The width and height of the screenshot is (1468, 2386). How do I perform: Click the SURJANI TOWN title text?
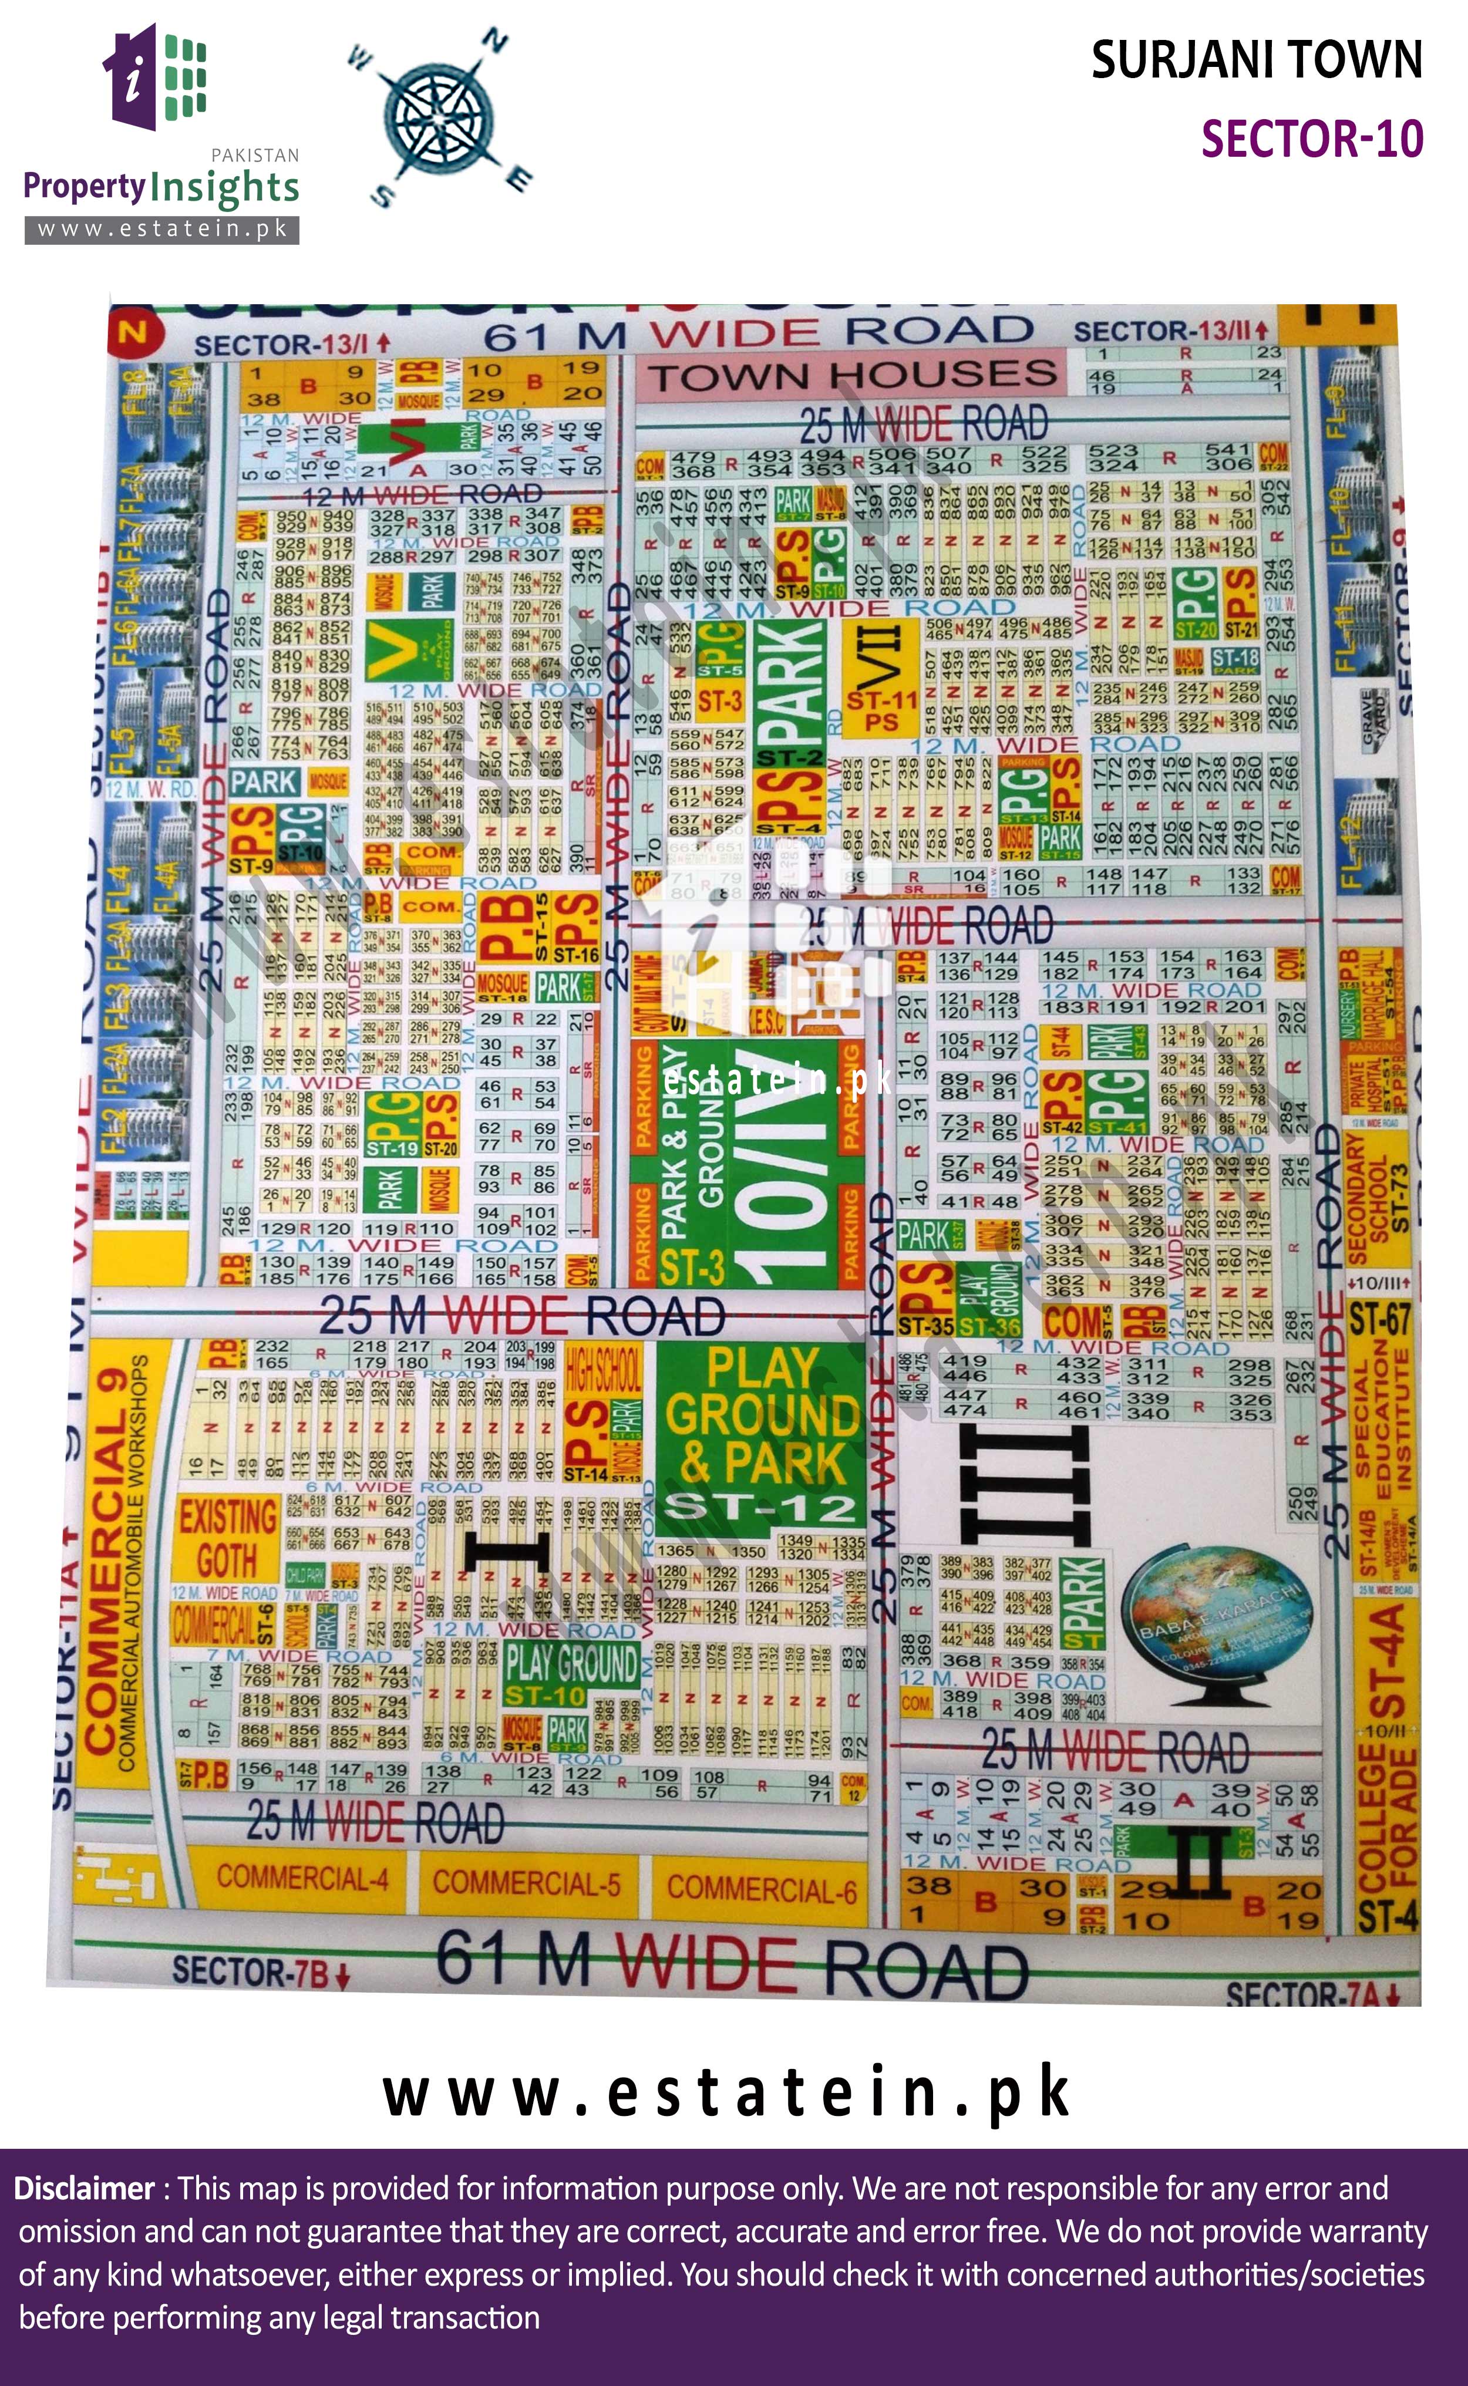coord(1257,60)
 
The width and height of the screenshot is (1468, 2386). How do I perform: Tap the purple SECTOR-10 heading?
coord(1312,139)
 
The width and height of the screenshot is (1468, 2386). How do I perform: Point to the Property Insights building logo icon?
coord(156,77)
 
